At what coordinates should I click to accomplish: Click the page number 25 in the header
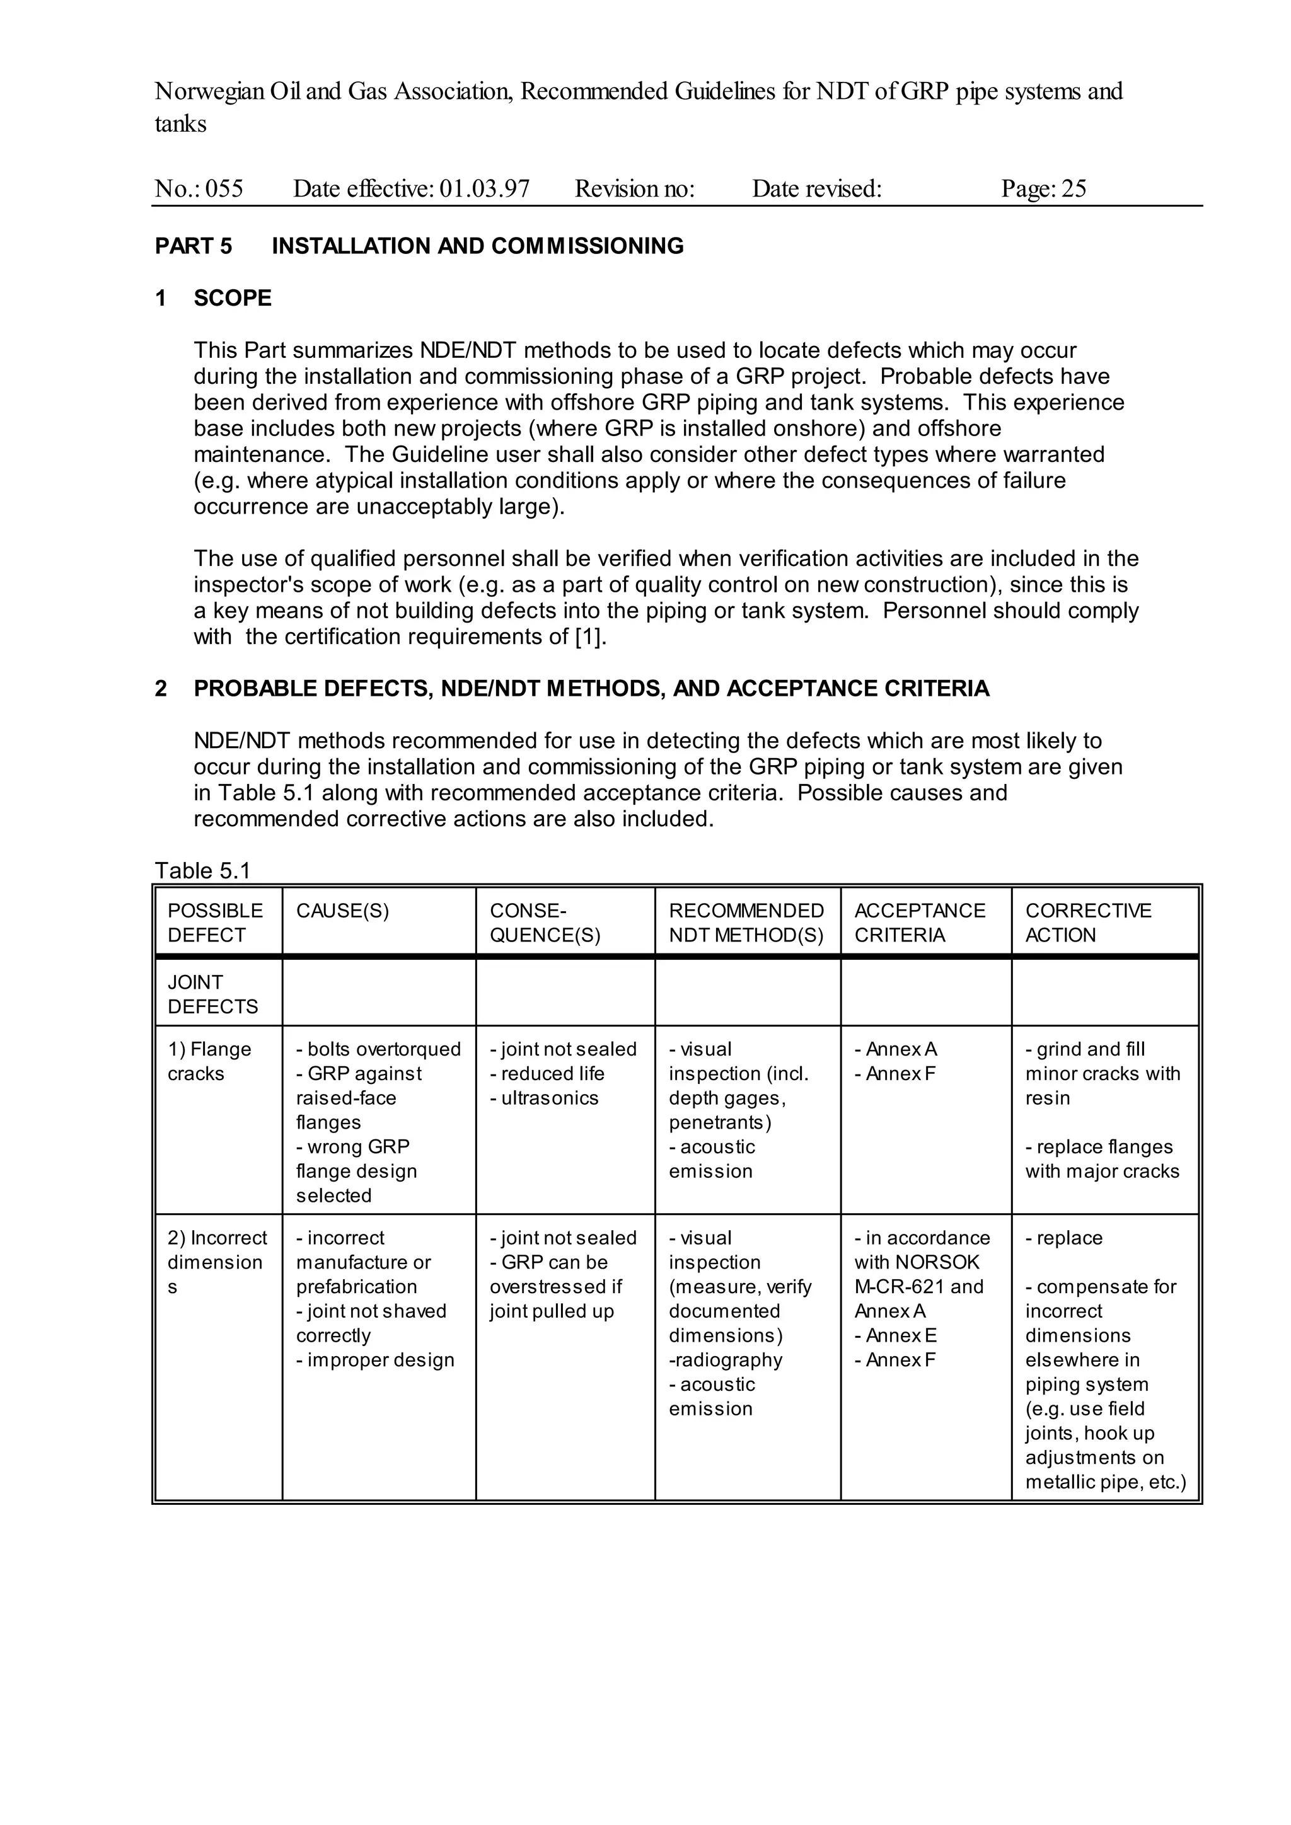pos(1073,188)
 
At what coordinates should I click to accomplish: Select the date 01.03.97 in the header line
pos(484,188)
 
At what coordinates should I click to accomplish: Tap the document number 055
pos(224,188)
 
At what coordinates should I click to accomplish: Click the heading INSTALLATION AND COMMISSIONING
pos(477,246)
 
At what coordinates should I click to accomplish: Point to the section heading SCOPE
pos(232,298)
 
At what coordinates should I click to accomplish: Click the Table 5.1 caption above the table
pos(203,870)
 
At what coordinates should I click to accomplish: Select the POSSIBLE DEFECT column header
pos(214,922)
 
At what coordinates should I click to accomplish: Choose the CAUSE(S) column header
pos(343,910)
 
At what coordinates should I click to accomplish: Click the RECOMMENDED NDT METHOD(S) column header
pos(746,922)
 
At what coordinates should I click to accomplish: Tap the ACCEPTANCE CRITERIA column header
pos(919,922)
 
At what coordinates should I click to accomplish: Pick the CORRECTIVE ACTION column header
pos(1087,922)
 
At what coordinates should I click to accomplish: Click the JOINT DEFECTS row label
pos(212,994)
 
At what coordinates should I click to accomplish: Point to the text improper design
pos(380,1360)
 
